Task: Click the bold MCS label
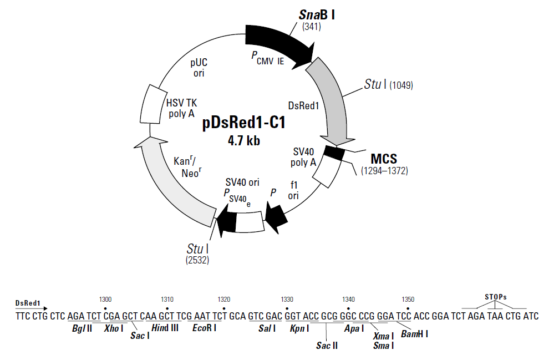[x=384, y=159]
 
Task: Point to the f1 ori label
[x=293, y=190]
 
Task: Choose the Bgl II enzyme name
[x=81, y=328]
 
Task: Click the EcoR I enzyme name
[x=204, y=328]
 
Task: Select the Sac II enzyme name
[x=327, y=346]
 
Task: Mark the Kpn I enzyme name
[x=299, y=328]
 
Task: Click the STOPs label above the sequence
[x=495, y=297]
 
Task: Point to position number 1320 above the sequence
[x=224, y=299]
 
